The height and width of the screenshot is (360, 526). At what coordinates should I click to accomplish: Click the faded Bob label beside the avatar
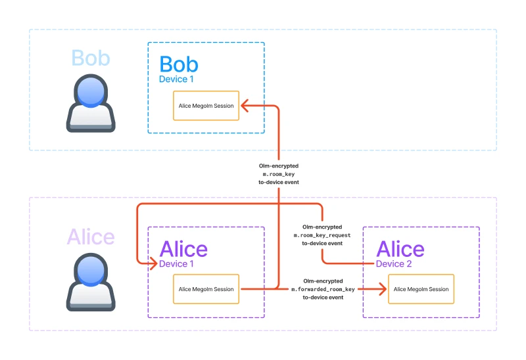(x=91, y=58)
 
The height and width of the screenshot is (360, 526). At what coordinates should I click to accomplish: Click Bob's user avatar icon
(x=91, y=103)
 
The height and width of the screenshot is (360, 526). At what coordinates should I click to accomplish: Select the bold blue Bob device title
(x=179, y=64)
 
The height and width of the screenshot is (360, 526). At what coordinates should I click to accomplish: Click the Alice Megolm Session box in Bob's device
(x=206, y=105)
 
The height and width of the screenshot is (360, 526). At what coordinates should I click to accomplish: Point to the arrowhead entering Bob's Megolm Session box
(x=243, y=105)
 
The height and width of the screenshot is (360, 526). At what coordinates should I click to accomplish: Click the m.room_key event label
(x=278, y=174)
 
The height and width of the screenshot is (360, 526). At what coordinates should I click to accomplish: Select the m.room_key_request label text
(x=322, y=235)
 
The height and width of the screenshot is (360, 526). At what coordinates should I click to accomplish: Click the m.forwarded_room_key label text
(x=323, y=289)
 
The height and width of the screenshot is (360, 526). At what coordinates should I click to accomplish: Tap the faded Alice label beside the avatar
(x=91, y=236)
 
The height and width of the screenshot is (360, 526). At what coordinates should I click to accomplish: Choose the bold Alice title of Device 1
(x=183, y=249)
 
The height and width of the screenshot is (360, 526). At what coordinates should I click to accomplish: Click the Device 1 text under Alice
(x=177, y=264)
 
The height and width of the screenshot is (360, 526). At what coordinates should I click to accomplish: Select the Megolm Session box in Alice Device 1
(x=206, y=289)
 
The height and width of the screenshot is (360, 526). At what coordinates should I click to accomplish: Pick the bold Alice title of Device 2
(x=400, y=249)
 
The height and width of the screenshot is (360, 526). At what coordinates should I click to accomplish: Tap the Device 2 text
(x=394, y=264)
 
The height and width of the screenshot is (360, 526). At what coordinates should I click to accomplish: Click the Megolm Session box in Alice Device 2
(x=421, y=289)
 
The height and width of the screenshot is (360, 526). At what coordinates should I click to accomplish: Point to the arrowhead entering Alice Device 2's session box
(x=383, y=289)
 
